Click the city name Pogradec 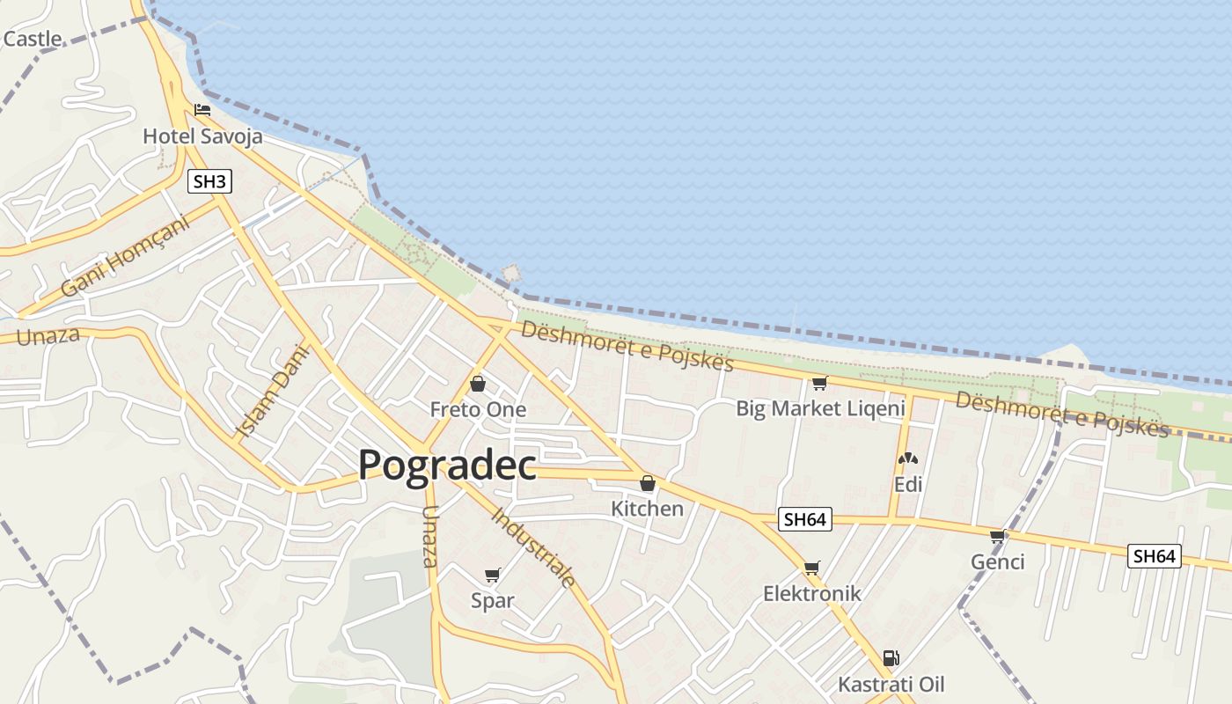click(x=447, y=465)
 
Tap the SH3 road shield click(x=210, y=182)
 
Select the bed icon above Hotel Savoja click(x=202, y=110)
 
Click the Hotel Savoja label click(x=202, y=136)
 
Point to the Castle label click(x=33, y=39)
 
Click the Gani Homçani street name click(x=126, y=256)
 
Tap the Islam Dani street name click(x=275, y=391)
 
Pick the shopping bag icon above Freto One click(x=478, y=384)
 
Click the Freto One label click(x=478, y=409)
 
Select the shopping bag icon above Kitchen click(x=648, y=483)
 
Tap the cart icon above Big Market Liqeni click(x=819, y=383)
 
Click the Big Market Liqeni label click(x=820, y=408)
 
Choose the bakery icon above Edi click(x=907, y=458)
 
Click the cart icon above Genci click(x=997, y=536)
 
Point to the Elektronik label click(x=811, y=593)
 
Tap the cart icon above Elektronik click(x=811, y=568)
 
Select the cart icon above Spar click(x=493, y=576)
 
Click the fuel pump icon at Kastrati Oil click(x=891, y=658)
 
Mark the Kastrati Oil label click(x=891, y=684)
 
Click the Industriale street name click(x=533, y=547)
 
